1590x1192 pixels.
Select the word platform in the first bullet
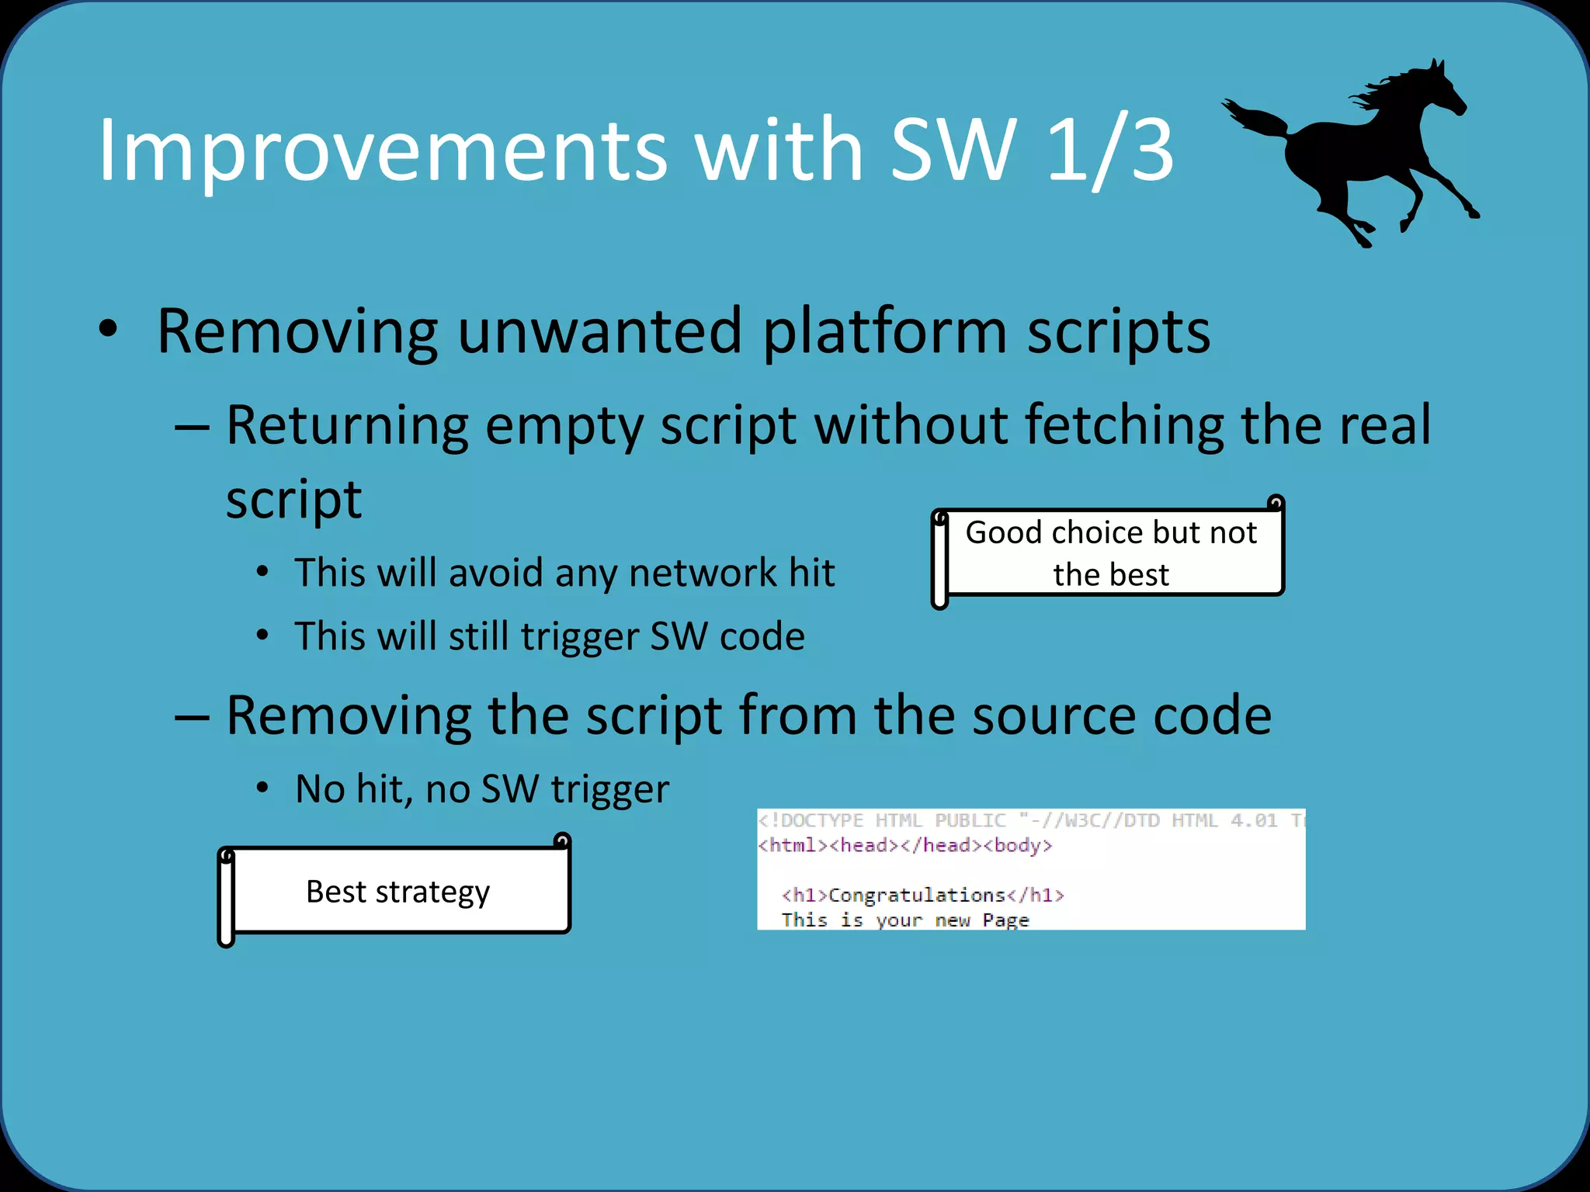click(885, 331)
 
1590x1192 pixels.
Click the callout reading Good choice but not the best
click(1110, 553)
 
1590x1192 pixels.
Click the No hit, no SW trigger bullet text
click(481, 789)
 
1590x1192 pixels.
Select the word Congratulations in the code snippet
click(917, 895)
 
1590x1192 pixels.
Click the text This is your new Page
click(904, 920)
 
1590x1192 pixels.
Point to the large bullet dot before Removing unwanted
click(108, 329)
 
